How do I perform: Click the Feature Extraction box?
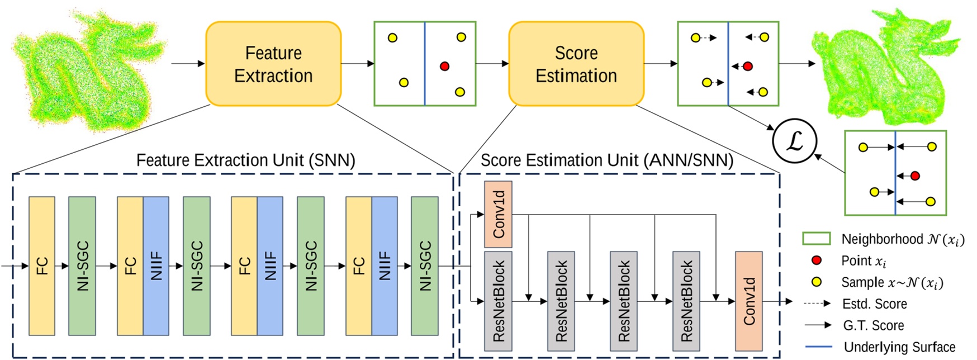click(273, 64)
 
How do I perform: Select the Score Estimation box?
click(576, 64)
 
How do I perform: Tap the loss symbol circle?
click(794, 141)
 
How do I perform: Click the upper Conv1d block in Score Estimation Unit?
click(498, 214)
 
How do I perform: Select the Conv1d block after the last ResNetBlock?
click(748, 301)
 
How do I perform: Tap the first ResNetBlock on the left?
click(498, 301)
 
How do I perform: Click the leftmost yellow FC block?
click(42, 266)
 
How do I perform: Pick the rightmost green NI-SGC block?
click(425, 266)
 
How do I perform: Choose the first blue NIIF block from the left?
click(156, 266)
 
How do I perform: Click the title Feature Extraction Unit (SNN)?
click(246, 160)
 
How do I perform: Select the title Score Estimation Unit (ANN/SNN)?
click(606, 160)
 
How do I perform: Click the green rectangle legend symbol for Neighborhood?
click(816, 239)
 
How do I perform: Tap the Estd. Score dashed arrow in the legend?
click(817, 304)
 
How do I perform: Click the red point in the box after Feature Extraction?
click(444, 66)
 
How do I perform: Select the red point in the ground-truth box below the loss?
click(915, 176)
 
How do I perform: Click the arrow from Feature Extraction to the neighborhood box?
click(357, 64)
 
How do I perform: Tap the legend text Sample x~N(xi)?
click(892, 282)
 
